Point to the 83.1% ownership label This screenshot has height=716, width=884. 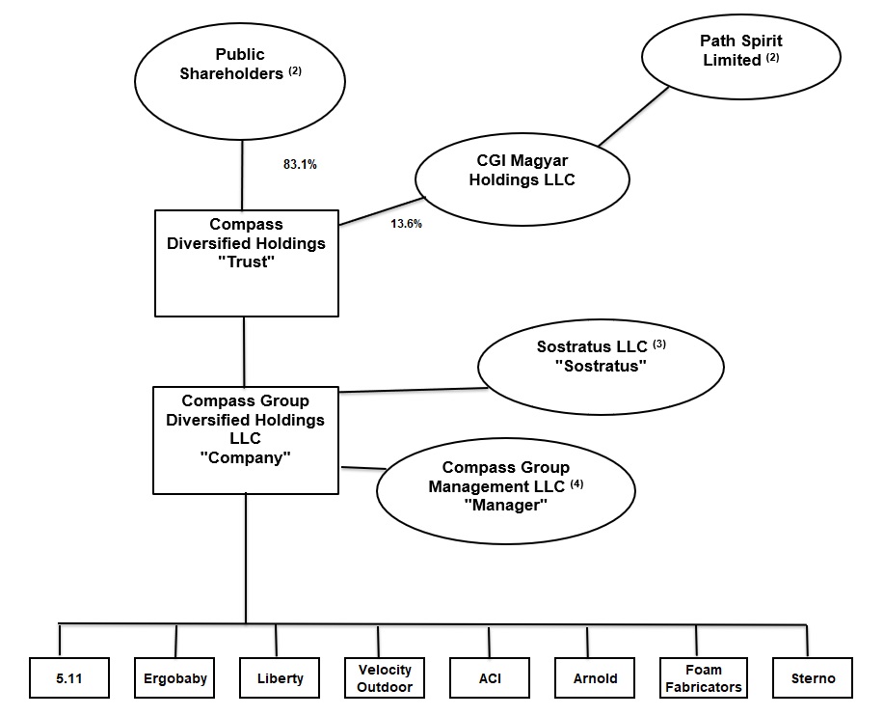pyautogui.click(x=300, y=164)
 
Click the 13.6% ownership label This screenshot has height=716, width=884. pyautogui.click(x=406, y=224)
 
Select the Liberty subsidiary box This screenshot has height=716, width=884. pyautogui.click(x=280, y=677)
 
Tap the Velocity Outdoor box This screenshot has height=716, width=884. pyautogui.click(x=385, y=677)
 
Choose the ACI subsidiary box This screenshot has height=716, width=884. pyautogui.click(x=490, y=677)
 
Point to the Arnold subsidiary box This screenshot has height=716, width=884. pyautogui.click(x=595, y=677)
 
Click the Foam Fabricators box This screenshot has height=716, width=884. pyautogui.click(x=703, y=677)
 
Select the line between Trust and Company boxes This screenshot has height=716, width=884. pyautogui.click(x=244, y=351)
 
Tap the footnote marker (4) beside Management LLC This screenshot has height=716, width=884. pyautogui.click(x=577, y=484)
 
